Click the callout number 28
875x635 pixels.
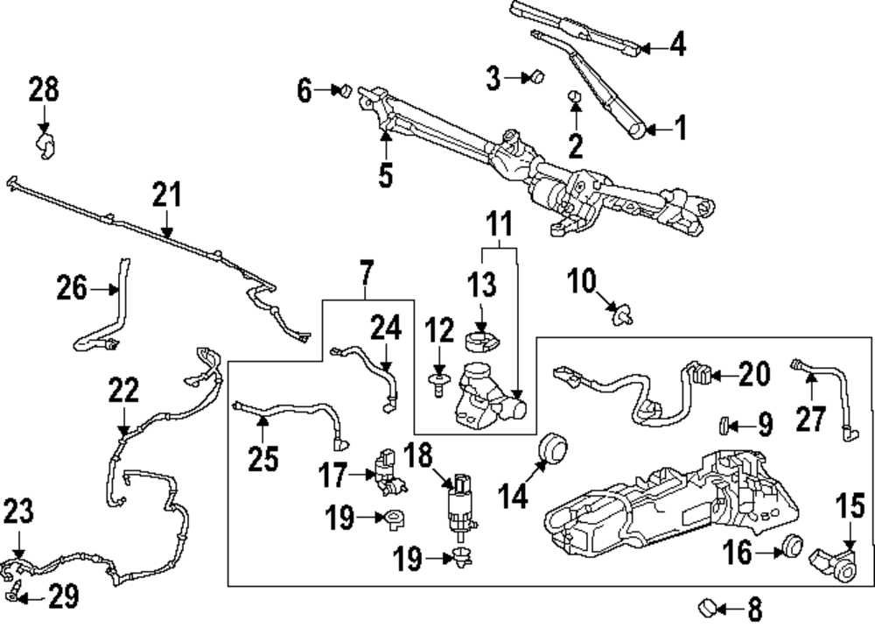pyautogui.click(x=44, y=89)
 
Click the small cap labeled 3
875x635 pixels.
pyautogui.click(x=537, y=78)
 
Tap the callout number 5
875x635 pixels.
pyautogui.click(x=386, y=175)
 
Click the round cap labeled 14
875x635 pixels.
pyautogui.click(x=553, y=448)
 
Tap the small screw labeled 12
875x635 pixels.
pyautogui.click(x=437, y=380)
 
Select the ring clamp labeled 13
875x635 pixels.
pyautogui.click(x=481, y=335)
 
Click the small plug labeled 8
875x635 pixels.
pyautogui.click(x=708, y=606)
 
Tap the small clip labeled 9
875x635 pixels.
pyautogui.click(x=725, y=426)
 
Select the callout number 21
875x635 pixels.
pyautogui.click(x=167, y=194)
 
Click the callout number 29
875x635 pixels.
pyautogui.click(x=62, y=598)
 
